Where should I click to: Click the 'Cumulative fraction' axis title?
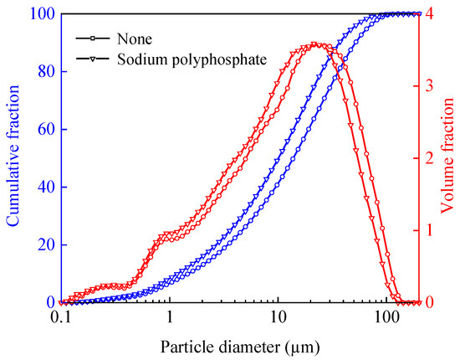14,158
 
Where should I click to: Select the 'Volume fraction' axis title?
447,158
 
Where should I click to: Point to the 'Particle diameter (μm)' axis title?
239,344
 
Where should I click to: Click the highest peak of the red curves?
314,44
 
